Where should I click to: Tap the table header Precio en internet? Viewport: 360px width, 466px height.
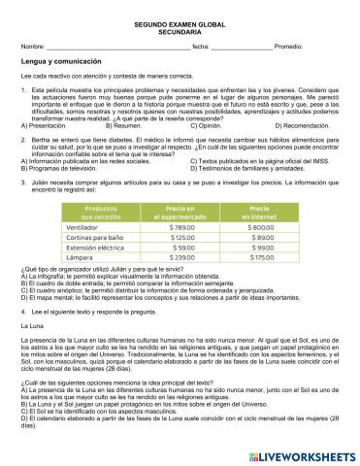coord(256,212)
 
